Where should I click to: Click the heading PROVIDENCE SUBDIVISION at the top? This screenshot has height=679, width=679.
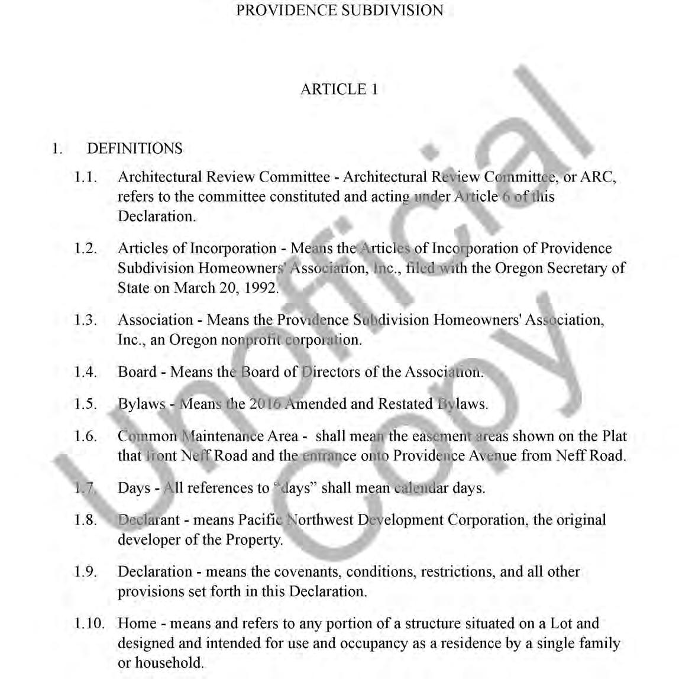(x=339, y=11)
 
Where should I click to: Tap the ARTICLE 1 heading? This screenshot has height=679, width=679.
(x=339, y=89)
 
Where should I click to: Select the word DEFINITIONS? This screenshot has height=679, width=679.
(x=135, y=148)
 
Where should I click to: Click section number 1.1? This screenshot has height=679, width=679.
(x=86, y=177)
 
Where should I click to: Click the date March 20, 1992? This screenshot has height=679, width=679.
(x=225, y=288)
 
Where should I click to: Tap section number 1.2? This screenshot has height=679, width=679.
(x=86, y=248)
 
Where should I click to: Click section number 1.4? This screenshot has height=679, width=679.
(x=86, y=372)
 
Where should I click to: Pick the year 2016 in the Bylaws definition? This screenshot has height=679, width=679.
(x=265, y=404)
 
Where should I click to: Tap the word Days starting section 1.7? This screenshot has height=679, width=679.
(x=134, y=488)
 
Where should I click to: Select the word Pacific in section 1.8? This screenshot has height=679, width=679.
(x=260, y=520)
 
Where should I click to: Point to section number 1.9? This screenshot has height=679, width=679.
(x=86, y=572)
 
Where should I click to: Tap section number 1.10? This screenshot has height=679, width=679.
(x=89, y=623)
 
